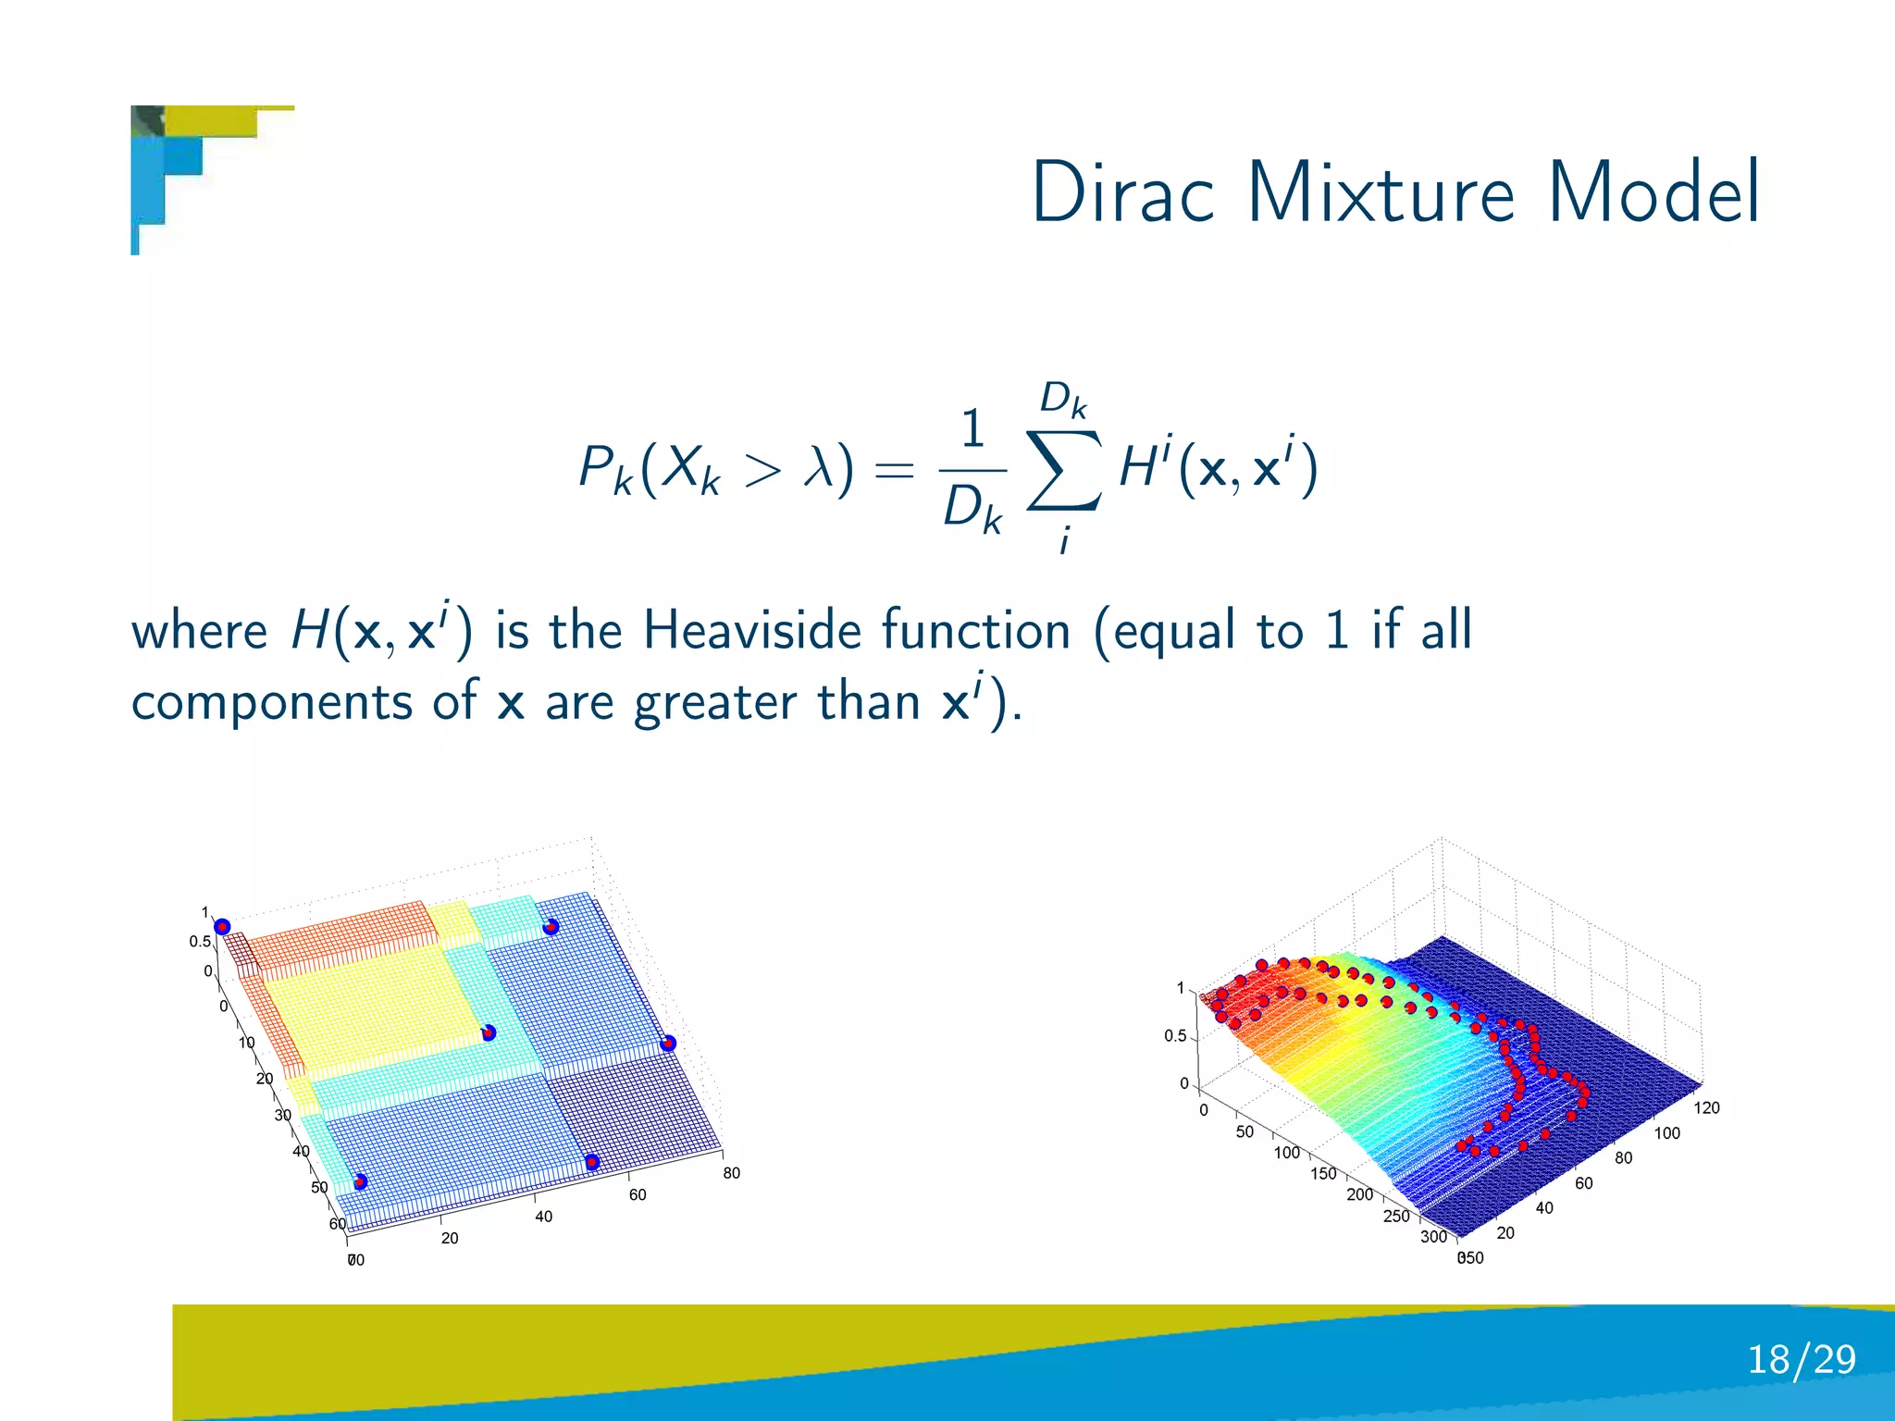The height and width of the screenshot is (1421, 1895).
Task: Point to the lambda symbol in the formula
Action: [x=819, y=467]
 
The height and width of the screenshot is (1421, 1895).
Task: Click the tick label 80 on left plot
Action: [x=731, y=1173]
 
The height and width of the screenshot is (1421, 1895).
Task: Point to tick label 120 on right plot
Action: [x=1706, y=1107]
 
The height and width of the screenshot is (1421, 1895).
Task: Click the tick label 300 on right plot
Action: [x=1433, y=1236]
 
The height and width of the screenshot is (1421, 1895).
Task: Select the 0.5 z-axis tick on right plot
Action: [x=1175, y=1036]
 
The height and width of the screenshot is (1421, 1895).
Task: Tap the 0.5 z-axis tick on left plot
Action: [x=200, y=942]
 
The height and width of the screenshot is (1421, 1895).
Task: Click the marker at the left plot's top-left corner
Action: [x=222, y=927]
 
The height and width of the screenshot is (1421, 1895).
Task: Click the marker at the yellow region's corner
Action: [x=489, y=1032]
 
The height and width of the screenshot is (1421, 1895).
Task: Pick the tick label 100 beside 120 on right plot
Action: [x=1666, y=1133]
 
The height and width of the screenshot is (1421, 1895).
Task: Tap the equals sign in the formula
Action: [x=894, y=470]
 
